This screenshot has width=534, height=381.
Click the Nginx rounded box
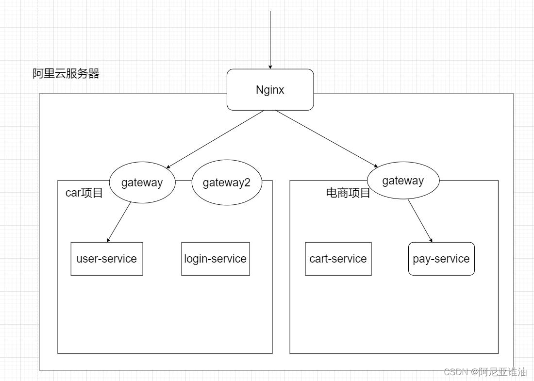pyautogui.click(x=270, y=89)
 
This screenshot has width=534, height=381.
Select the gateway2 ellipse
pyautogui.click(x=227, y=183)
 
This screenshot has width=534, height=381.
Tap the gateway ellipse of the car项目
pyautogui.click(x=142, y=183)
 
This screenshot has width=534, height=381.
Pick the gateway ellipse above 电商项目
pyautogui.click(x=403, y=181)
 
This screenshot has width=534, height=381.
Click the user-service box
pyautogui.click(x=107, y=258)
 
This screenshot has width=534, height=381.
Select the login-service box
pyautogui.click(x=216, y=258)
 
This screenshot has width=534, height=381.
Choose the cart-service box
pyautogui.click(x=338, y=258)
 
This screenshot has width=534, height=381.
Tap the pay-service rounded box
pyautogui.click(x=441, y=258)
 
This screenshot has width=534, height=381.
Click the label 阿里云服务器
pyautogui.click(x=66, y=74)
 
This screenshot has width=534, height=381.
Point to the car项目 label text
pyautogui.click(x=84, y=193)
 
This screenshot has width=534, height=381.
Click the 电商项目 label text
pyautogui.click(x=348, y=193)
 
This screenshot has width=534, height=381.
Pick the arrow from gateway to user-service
pyautogui.click(x=119, y=221)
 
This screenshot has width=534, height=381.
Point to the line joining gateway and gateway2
pyautogui.click(x=184, y=181)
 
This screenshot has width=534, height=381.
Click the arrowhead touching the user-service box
pyautogui.click(x=109, y=239)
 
